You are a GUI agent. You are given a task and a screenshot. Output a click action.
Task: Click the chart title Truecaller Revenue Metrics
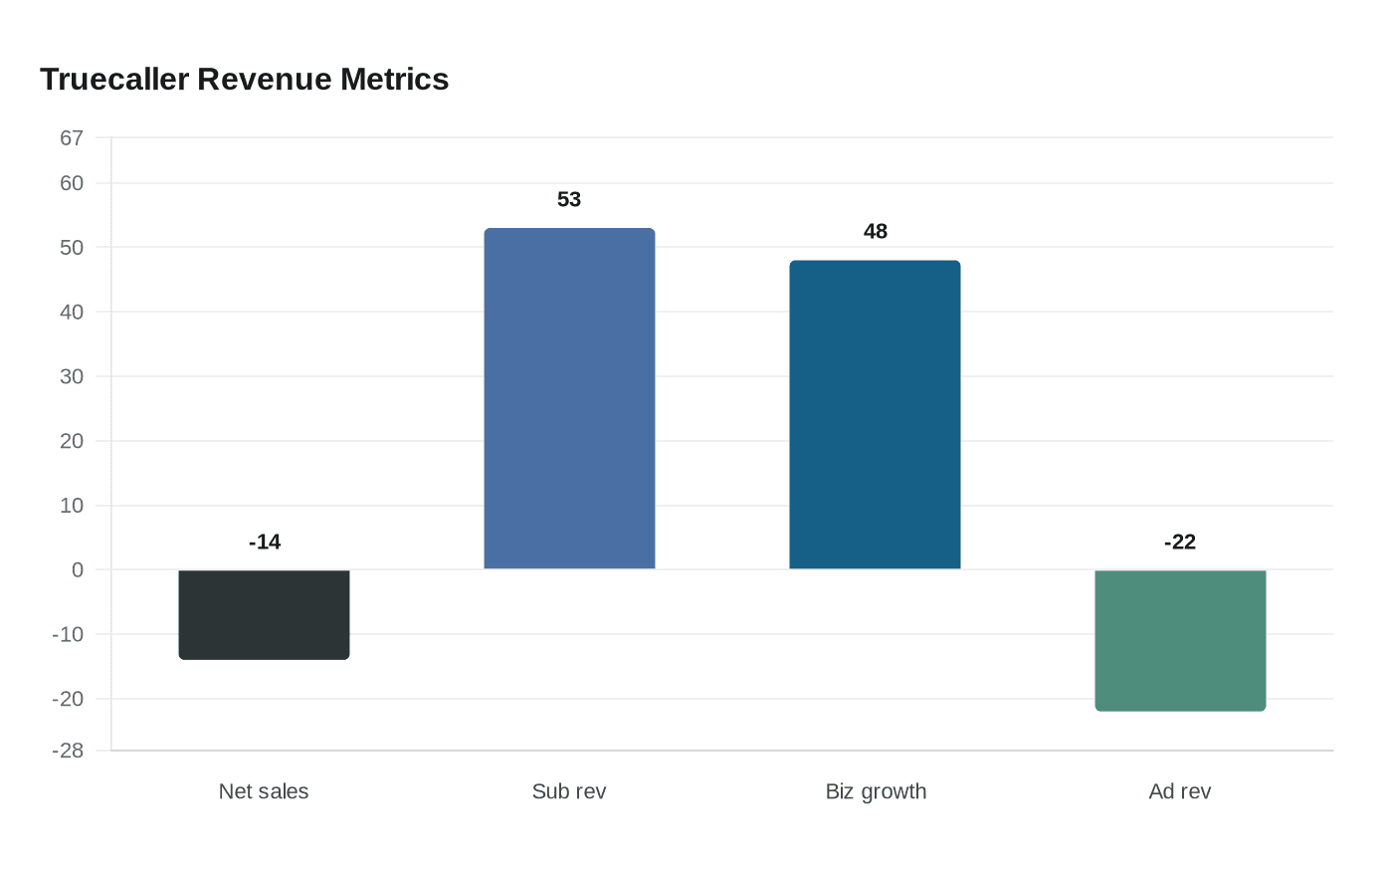(x=244, y=79)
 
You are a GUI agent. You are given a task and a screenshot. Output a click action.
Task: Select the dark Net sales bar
(x=264, y=614)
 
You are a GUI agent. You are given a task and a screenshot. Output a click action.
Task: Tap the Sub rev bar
(x=569, y=398)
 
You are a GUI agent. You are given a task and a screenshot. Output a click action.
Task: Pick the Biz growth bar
(x=875, y=414)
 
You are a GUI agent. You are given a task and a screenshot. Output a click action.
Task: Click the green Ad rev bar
(x=1180, y=640)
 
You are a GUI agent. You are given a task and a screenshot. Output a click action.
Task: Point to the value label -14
(x=265, y=542)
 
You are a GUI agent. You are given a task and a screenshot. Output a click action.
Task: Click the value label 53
(x=569, y=199)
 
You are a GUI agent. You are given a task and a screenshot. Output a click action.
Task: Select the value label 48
(x=875, y=231)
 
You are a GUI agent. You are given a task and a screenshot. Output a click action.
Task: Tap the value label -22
(x=1180, y=542)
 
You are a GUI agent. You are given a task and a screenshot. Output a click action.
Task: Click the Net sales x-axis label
(x=264, y=791)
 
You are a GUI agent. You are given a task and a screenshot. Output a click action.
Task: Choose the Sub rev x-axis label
(x=569, y=791)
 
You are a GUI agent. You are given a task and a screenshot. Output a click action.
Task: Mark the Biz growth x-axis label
(x=876, y=791)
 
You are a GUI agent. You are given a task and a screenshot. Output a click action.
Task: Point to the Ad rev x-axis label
(x=1180, y=791)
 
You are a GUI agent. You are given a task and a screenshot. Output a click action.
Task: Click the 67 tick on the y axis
(x=72, y=138)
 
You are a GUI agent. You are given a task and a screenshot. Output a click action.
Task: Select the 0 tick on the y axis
(x=78, y=569)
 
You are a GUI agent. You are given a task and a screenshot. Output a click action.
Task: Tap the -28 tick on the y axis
(x=68, y=751)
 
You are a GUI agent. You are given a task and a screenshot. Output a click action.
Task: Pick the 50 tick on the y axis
(x=72, y=247)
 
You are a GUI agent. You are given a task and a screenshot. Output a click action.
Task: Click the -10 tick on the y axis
(x=68, y=634)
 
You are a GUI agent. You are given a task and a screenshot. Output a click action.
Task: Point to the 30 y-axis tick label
(x=72, y=376)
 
